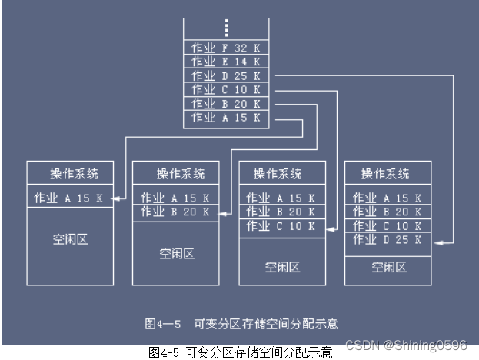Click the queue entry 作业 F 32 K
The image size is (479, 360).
tap(226, 48)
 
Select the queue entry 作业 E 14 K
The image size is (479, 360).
tap(226, 62)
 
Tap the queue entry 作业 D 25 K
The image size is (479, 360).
tap(226, 75)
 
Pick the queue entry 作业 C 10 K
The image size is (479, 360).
tap(226, 90)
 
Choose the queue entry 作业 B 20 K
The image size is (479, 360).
tap(226, 104)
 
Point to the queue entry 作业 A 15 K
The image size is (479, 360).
tap(226, 118)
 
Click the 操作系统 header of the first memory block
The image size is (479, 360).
tap(70, 174)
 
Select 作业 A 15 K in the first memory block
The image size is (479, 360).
tap(70, 198)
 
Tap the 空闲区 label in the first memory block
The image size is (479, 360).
tap(70, 239)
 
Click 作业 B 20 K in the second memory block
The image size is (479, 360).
tap(175, 212)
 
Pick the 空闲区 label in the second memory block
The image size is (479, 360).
tap(176, 253)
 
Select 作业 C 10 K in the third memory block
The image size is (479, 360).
tap(281, 226)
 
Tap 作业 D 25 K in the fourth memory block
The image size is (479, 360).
tap(387, 240)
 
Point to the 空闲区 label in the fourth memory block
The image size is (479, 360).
tap(388, 267)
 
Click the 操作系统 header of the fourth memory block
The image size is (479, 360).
tap(388, 174)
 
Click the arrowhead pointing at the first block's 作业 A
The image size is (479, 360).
tap(116, 199)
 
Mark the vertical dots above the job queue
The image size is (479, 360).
tap(226, 28)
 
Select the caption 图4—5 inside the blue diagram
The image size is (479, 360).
tap(162, 324)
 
